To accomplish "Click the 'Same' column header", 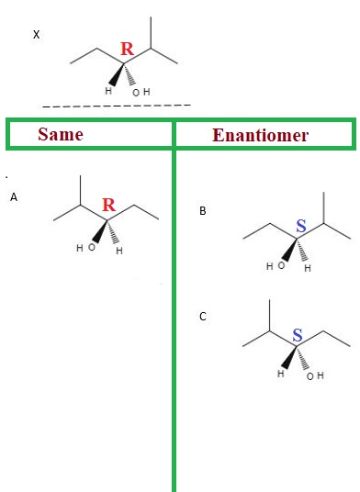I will click(60, 135).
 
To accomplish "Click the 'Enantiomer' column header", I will click(261, 135).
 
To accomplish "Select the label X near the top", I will click(36, 35).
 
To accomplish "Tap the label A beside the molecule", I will click(14, 196).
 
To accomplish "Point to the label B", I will click(203, 211).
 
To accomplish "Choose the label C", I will click(203, 317).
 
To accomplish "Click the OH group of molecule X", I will click(140, 92).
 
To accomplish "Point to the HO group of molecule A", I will click(84, 248).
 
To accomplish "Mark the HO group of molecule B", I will click(275, 266).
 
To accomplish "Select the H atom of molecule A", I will click(119, 251).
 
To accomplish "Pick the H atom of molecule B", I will click(308, 268).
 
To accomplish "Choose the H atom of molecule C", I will click(281, 375).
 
